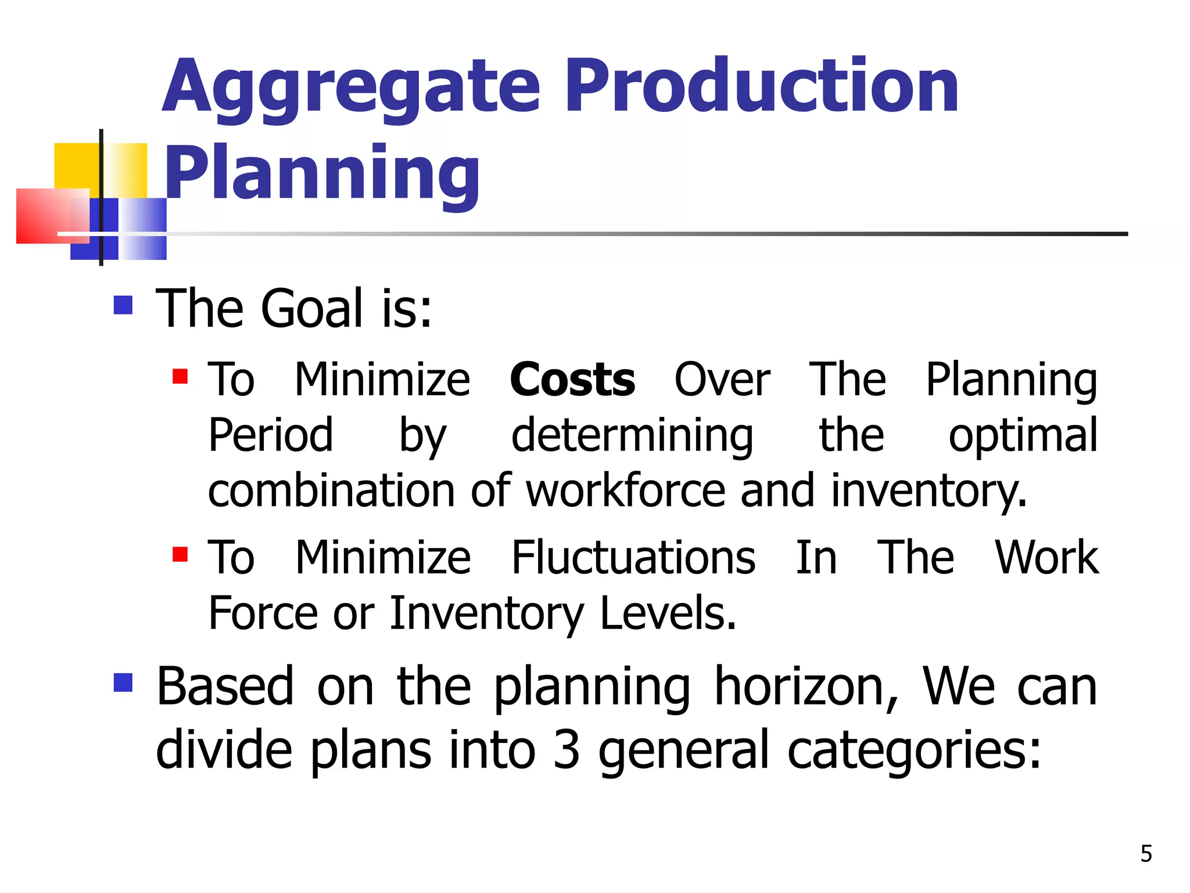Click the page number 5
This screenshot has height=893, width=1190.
coord(1146,853)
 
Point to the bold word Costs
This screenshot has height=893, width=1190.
coord(572,380)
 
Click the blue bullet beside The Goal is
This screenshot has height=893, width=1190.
coord(123,305)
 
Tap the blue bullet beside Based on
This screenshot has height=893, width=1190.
coord(123,683)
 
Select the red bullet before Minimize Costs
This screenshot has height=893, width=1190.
coord(180,377)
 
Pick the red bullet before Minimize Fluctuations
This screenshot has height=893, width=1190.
coord(180,555)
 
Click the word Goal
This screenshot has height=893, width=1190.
coord(312,308)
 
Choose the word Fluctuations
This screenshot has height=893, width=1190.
coord(633,558)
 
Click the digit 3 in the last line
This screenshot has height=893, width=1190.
coord(567,750)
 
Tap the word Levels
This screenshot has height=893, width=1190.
coord(668,613)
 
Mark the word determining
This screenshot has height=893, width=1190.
coord(632,436)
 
